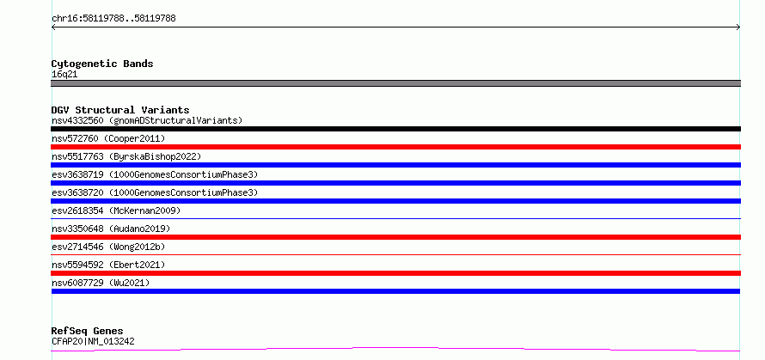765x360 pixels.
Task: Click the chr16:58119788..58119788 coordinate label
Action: pyautogui.click(x=113, y=19)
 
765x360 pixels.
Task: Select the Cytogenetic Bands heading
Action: pyautogui.click(x=102, y=64)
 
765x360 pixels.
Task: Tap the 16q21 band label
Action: pyautogui.click(x=64, y=75)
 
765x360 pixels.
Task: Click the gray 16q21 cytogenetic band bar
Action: pyautogui.click(x=395, y=83)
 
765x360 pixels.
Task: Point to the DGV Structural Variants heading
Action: pyautogui.click(x=120, y=110)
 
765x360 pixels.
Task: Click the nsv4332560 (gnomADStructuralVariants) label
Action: pyautogui.click(x=147, y=120)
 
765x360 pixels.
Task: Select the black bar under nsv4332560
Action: pyautogui.click(x=395, y=129)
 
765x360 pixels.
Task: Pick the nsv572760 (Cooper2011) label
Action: pyautogui.click(x=108, y=138)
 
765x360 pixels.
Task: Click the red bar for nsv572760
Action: pyautogui.click(x=395, y=147)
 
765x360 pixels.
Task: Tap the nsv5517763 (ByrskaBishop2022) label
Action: pyautogui.click(x=126, y=156)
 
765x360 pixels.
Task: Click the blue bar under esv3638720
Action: pyautogui.click(x=395, y=201)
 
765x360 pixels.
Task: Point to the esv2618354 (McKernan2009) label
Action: pyautogui.click(x=116, y=211)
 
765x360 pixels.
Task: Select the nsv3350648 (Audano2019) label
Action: pyautogui.click(x=111, y=229)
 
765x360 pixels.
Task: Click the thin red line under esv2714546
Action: pyautogui.click(x=395, y=254)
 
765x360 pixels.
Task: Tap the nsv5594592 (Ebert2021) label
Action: pyautogui.click(x=108, y=265)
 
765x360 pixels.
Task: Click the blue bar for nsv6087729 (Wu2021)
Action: pyautogui.click(x=395, y=291)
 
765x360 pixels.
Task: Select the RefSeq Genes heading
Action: pyautogui.click(x=88, y=332)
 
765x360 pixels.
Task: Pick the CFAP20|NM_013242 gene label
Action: pyautogui.click(x=93, y=341)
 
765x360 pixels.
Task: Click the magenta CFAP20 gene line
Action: pyautogui.click(x=395, y=348)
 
